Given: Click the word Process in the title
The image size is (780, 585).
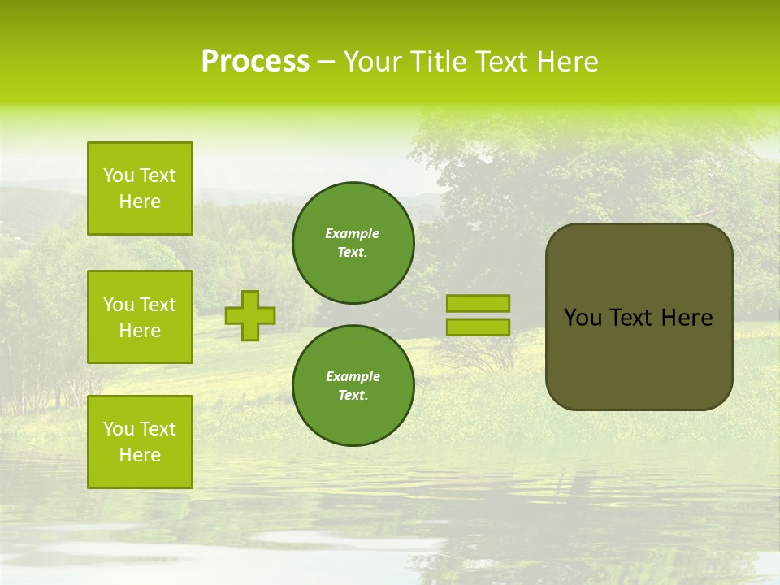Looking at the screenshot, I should [x=255, y=62].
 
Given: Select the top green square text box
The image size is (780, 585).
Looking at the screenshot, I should [x=140, y=188].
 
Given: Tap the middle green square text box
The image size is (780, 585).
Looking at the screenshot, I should [x=140, y=317].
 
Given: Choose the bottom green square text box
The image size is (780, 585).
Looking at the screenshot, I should [x=140, y=442].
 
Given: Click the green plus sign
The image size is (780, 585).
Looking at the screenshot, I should [x=250, y=315].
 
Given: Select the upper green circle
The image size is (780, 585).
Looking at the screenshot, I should [x=353, y=243].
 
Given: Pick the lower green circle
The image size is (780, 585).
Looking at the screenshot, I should [x=353, y=386].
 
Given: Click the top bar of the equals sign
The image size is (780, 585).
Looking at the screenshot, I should [x=478, y=304].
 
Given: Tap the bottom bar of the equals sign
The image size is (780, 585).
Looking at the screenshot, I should [x=478, y=327].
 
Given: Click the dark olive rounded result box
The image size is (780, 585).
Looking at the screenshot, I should [x=639, y=357].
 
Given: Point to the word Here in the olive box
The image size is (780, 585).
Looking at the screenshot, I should [x=687, y=318].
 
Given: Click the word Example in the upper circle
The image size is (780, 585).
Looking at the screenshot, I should [x=353, y=233].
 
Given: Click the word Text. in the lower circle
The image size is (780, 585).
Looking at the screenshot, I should [x=353, y=396].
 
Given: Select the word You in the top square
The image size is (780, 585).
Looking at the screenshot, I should [x=119, y=175].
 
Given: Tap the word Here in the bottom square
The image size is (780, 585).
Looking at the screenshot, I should [x=140, y=455].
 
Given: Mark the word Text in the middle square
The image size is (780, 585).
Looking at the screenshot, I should [x=158, y=305].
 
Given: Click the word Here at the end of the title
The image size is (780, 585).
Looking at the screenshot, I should [x=570, y=62].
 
